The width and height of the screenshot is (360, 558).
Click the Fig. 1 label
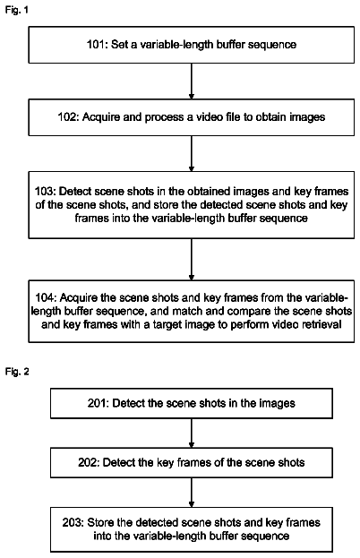(x=16, y=10)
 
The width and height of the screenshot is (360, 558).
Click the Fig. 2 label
(x=17, y=372)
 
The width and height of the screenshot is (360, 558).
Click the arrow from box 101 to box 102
(x=192, y=82)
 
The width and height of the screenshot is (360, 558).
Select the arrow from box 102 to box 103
(x=192, y=153)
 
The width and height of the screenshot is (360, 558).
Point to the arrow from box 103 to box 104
(x=192, y=259)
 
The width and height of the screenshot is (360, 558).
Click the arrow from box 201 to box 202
(x=192, y=434)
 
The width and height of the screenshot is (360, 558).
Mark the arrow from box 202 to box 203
(x=192, y=493)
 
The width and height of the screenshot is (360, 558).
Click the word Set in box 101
(x=119, y=45)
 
